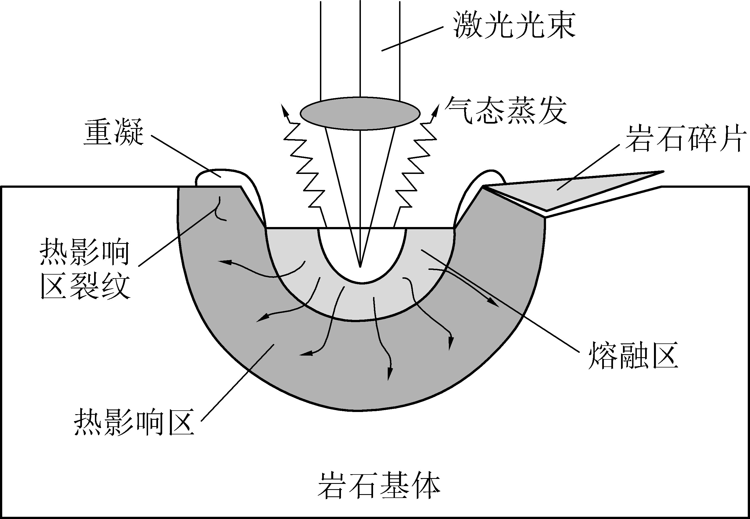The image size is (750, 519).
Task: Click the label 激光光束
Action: (x=514, y=25)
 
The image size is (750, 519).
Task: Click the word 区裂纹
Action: (x=85, y=286)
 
